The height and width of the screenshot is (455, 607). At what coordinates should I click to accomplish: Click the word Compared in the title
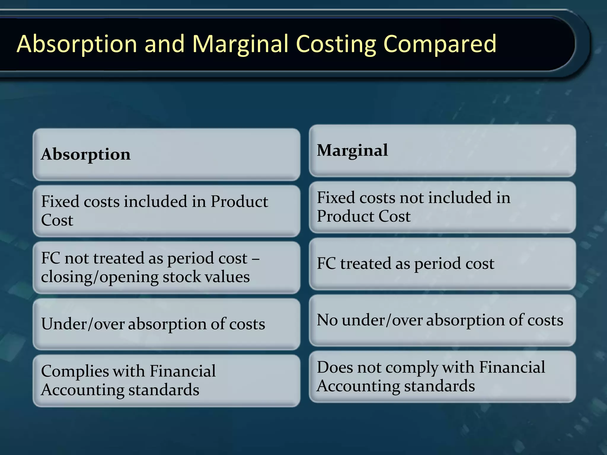440,44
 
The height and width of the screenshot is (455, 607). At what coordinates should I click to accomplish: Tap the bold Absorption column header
86,154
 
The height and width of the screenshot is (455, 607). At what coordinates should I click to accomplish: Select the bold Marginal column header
352,150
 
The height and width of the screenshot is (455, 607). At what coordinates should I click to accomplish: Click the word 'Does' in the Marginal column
335,367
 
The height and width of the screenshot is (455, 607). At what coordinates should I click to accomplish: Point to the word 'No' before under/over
327,320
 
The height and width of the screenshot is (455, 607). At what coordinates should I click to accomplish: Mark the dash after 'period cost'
256,259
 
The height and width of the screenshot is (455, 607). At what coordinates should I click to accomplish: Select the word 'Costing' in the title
336,44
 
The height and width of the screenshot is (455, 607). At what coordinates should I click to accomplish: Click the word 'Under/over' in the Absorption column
82,324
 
